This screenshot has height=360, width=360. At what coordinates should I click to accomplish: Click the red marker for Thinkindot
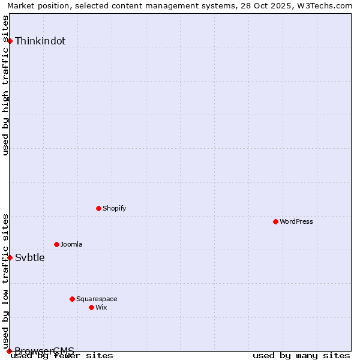coord(10,41)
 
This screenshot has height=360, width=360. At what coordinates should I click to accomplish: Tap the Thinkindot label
coord(40,41)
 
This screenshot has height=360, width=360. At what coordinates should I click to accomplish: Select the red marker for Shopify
coord(99,208)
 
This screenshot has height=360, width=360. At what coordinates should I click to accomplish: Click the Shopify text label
coord(114,208)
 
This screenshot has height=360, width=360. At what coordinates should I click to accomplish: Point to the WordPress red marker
coord(276,221)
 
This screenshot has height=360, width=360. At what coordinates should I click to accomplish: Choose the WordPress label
coord(296,221)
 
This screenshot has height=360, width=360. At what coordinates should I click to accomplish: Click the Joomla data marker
coord(57,244)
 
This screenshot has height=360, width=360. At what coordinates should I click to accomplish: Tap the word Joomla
coord(71,244)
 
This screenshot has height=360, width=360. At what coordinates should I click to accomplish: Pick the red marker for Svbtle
coord(10,257)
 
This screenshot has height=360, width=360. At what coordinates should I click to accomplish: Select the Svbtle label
coord(30,258)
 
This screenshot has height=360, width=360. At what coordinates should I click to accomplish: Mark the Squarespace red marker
coord(73,299)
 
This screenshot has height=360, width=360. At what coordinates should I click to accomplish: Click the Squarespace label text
coord(97,299)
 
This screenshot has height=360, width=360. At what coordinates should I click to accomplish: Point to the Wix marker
coord(92,307)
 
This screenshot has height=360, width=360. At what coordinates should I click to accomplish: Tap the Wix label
coord(101,307)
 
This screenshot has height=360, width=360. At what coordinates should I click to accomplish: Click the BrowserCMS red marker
coord(10,351)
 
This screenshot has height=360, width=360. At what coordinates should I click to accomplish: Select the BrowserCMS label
coord(44,351)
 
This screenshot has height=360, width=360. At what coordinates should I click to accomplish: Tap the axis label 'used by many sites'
coord(301,356)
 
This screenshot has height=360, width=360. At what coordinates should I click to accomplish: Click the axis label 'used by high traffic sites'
coord(6,85)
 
